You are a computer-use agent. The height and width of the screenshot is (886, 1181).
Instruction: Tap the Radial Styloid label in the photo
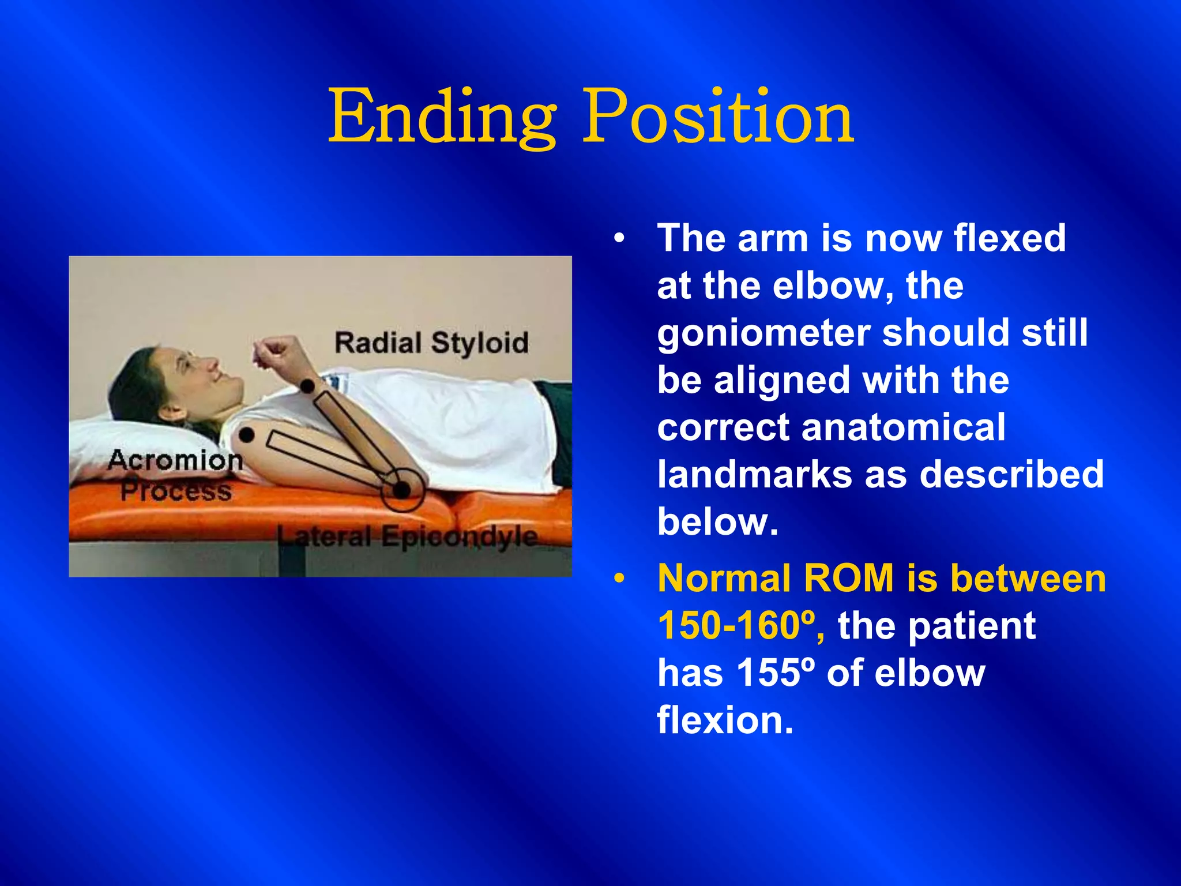tap(431, 343)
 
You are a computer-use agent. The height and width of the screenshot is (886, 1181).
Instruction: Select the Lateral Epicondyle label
tap(407, 536)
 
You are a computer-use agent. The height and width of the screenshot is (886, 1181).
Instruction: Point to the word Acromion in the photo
tap(175, 460)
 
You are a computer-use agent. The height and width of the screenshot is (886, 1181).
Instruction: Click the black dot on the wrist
tap(308, 385)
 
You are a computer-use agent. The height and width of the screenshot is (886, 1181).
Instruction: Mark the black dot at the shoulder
tap(246, 435)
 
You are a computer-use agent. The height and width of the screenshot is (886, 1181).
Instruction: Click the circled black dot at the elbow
tap(401, 490)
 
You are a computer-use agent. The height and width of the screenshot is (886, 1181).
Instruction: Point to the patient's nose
tap(212, 365)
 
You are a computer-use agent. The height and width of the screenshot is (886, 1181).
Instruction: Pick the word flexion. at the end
tap(725, 720)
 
